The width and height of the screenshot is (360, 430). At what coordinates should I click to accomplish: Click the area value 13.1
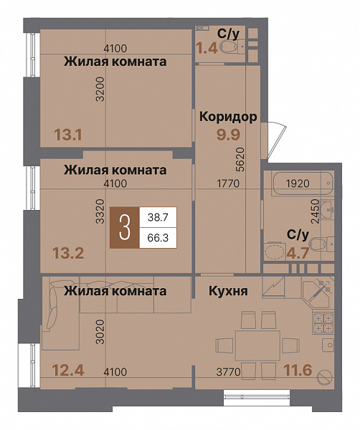[x=67, y=133]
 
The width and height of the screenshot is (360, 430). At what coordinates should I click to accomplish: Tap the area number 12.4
[x=67, y=371]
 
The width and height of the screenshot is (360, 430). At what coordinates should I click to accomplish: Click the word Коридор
[x=229, y=117]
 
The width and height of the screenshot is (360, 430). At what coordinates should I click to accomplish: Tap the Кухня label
[x=229, y=291]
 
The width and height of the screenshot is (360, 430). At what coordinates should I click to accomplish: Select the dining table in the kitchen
[x=257, y=343]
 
